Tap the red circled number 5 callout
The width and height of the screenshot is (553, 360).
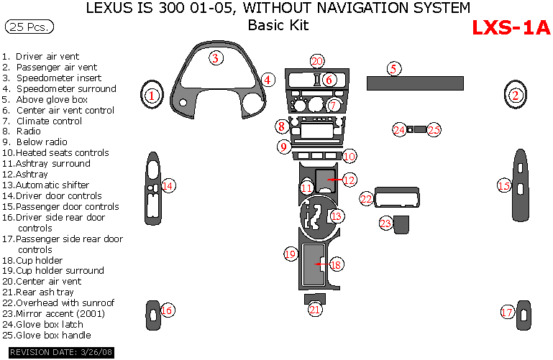point(393,69)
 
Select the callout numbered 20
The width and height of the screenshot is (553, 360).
point(317,62)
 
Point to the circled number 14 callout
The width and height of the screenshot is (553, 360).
point(168,186)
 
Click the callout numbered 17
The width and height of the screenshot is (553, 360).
point(508,312)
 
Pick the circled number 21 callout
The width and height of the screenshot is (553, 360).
point(315,310)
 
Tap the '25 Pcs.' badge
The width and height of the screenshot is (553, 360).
point(29,27)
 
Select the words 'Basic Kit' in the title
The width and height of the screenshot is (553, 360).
point(278,26)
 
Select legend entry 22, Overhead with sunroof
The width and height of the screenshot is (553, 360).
point(59,303)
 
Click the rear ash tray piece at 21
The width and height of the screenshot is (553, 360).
point(315,297)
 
